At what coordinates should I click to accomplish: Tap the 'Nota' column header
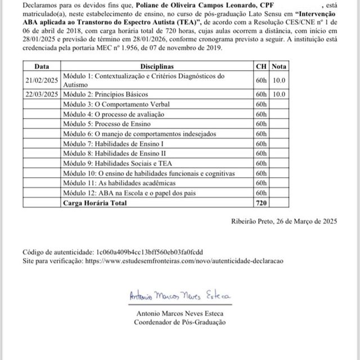(279, 66)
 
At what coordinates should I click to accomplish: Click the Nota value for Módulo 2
(279, 94)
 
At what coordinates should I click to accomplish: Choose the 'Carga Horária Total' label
(95, 202)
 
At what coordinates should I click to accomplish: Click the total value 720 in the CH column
(261, 202)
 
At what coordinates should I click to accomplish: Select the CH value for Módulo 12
(261, 192)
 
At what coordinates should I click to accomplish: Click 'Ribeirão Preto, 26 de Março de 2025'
(284, 222)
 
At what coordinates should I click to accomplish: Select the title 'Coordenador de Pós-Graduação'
(180, 322)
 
